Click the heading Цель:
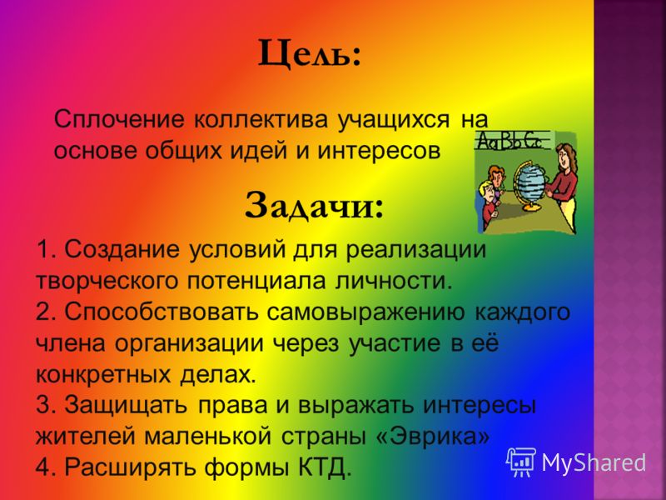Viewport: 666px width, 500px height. click(x=310, y=54)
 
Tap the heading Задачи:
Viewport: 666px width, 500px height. click(x=314, y=206)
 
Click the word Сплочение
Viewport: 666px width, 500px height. click(x=119, y=119)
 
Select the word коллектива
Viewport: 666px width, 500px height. click(x=261, y=119)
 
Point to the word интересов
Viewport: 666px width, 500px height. click(x=378, y=151)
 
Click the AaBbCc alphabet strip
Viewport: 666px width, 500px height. click(x=510, y=140)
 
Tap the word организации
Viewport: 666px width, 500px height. click(x=189, y=343)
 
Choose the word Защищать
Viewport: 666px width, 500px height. click(x=126, y=405)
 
